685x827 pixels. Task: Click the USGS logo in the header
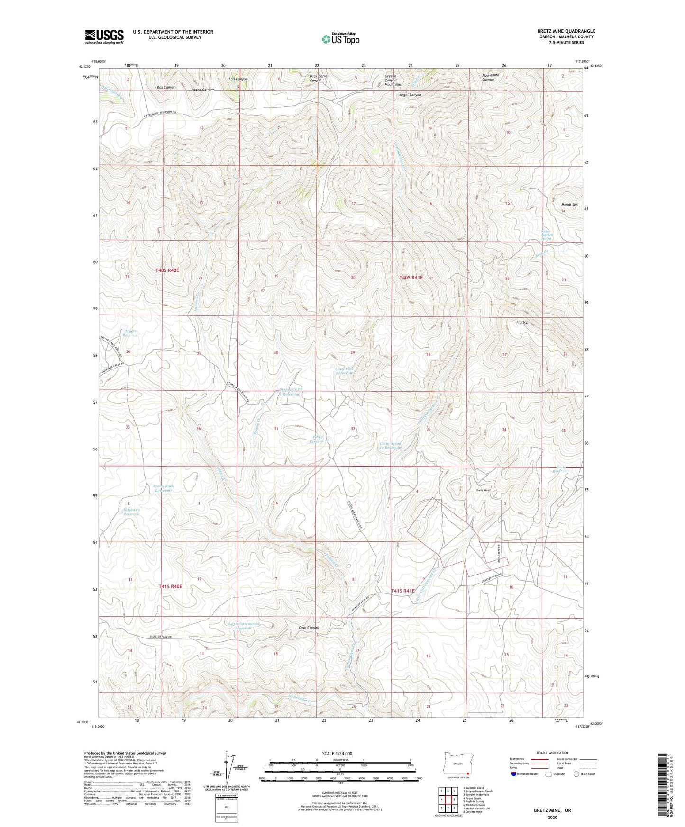coord(104,36)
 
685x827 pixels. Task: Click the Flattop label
coord(522,322)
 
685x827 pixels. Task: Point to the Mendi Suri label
coord(570,205)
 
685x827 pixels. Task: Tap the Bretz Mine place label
coord(483,490)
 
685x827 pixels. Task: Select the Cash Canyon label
coord(309,628)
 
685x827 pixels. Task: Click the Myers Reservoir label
coord(130,333)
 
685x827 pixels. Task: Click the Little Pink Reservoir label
coord(345,371)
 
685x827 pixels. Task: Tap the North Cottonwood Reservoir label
coord(243,626)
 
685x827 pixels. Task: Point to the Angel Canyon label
coord(410,95)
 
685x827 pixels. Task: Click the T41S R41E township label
coord(403,591)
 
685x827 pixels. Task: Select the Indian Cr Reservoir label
coord(131,512)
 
